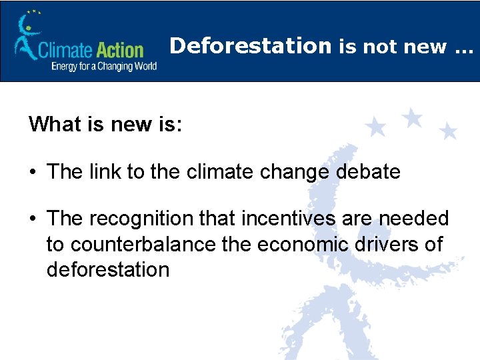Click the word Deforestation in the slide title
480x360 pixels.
click(251, 46)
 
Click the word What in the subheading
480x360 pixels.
click(54, 124)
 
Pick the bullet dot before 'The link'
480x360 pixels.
click(33, 173)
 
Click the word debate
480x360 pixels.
click(369, 172)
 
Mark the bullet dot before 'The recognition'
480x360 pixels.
click(33, 219)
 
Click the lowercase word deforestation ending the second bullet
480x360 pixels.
click(108, 269)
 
